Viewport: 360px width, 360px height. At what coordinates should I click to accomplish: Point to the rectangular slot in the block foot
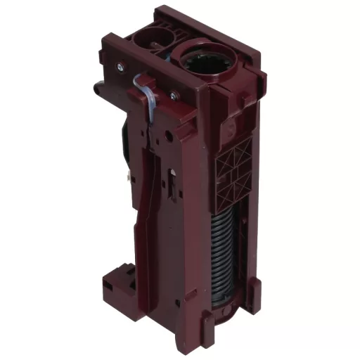coord(108,288)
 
